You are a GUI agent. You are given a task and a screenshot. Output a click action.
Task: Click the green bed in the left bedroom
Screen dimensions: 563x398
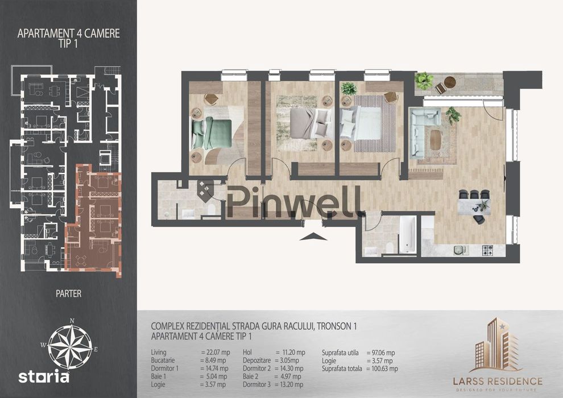tap(212, 134)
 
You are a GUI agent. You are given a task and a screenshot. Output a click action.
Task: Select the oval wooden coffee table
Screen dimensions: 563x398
tap(435, 140)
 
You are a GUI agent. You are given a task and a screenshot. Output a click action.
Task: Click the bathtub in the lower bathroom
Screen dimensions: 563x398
tap(408, 235)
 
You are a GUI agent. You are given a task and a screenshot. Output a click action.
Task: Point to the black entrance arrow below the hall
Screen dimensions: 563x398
tap(313, 237)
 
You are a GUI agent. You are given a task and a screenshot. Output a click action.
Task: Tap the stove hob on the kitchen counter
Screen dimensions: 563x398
tap(487, 250)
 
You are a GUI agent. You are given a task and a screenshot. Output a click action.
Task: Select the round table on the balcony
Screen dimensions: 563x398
tap(449, 82)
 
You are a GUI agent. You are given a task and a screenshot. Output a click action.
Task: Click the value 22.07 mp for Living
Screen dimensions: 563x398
tap(216, 353)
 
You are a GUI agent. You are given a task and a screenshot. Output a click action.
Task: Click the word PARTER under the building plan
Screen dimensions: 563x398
tap(69, 293)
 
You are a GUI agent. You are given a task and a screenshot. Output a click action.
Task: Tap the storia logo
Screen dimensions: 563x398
tap(44, 377)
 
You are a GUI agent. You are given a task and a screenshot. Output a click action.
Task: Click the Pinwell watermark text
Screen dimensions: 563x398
tap(293, 202)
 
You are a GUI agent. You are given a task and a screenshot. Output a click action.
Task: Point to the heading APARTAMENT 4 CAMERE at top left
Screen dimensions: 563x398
tap(69, 34)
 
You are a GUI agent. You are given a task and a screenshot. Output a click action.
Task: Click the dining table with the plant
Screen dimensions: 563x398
tap(474, 207)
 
